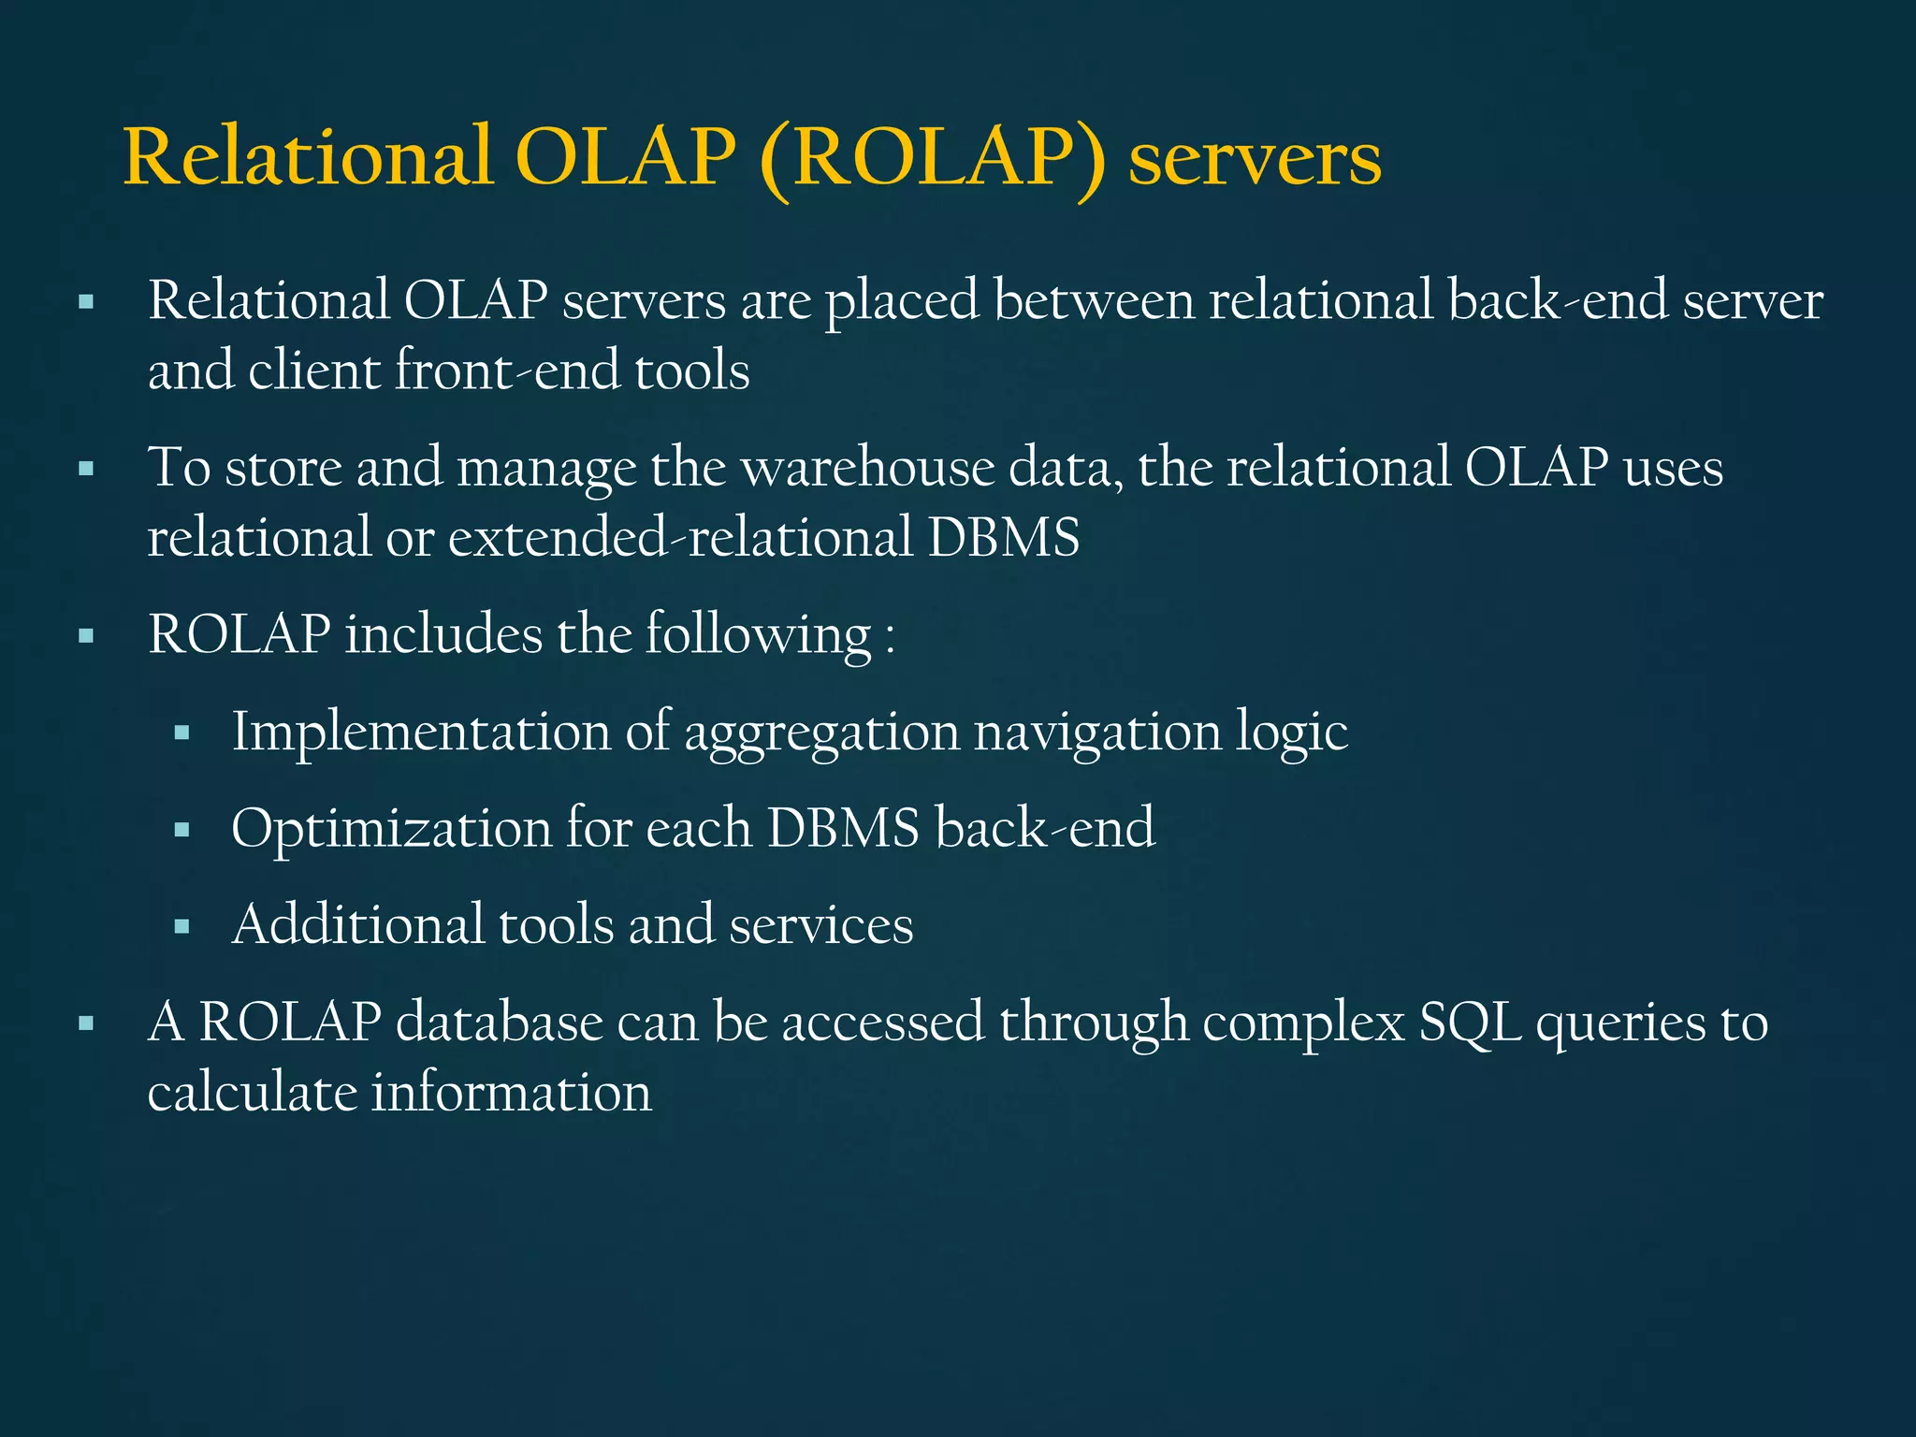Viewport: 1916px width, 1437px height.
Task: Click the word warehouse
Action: coord(867,468)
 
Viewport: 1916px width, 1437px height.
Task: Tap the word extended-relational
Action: coord(680,538)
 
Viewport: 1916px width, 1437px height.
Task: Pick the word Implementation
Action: coord(421,732)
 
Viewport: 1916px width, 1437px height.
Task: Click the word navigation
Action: coord(1096,732)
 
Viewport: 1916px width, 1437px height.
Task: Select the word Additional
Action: coord(358,925)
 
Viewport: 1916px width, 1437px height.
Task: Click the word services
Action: coord(820,925)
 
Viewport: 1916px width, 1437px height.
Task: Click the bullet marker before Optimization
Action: coord(182,830)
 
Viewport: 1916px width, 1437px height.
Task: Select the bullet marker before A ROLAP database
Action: coord(87,1023)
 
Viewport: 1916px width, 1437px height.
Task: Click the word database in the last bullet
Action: coord(499,1023)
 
